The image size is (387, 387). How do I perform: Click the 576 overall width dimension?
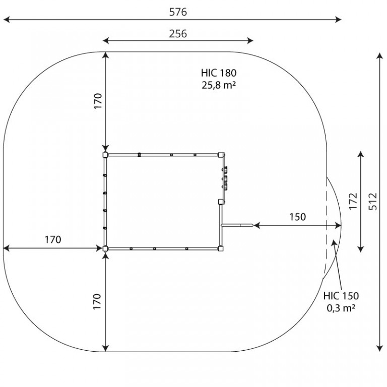click(178, 12)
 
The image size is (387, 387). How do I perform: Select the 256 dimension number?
click(178, 34)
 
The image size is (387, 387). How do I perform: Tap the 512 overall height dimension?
click(373, 202)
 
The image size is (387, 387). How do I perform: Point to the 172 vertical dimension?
click(353, 201)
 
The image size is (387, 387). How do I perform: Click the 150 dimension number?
click(298, 217)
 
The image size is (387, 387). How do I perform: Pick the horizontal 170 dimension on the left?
click(53, 239)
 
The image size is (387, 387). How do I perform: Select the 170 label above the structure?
click(98, 101)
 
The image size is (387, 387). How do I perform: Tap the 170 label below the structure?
click(97, 301)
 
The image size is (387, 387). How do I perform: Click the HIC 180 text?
click(219, 73)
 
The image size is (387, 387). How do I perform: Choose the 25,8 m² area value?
click(219, 85)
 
